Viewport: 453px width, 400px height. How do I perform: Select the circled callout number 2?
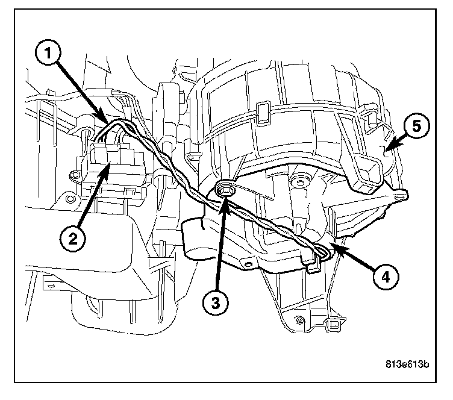click(x=72, y=239)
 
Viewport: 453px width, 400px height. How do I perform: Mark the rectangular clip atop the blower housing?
click(x=262, y=110)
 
